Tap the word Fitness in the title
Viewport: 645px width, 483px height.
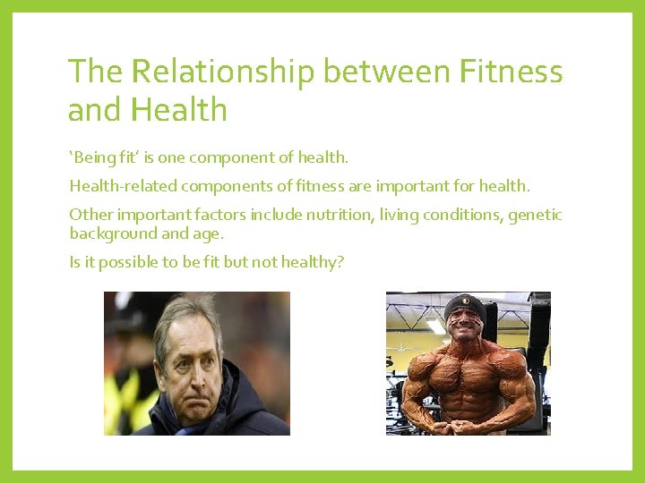[509, 72]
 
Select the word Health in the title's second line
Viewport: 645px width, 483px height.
[178, 110]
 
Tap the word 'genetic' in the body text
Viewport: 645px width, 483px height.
[535, 215]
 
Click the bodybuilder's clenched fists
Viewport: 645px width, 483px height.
[469, 425]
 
